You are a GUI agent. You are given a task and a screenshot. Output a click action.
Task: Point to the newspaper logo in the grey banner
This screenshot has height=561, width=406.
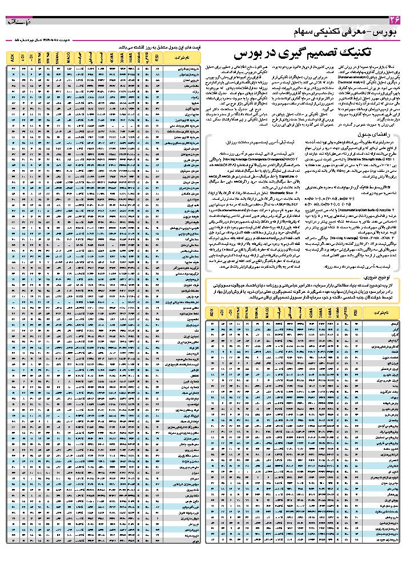(20, 21)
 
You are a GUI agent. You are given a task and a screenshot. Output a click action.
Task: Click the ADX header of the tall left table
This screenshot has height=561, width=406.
(13, 56)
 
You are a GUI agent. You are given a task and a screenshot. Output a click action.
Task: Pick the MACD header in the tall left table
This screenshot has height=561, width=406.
(68, 56)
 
